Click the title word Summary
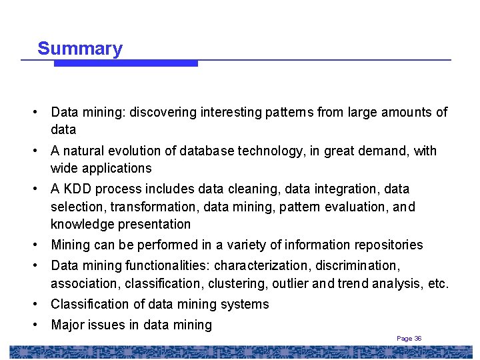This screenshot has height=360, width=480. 80,49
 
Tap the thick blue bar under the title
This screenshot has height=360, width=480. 126,64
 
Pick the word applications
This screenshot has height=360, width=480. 113,168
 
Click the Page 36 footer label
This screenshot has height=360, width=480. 409,339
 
